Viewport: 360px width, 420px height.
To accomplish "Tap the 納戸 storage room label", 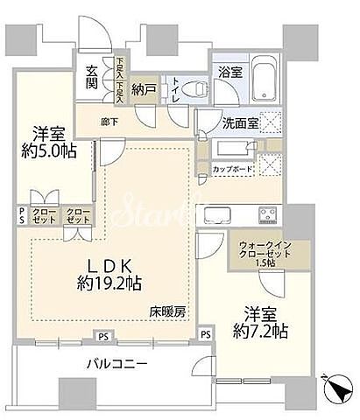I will click(144, 87).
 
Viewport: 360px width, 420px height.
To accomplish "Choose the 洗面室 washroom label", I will click(240, 124).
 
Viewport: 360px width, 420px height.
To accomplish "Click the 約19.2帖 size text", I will click(110, 283).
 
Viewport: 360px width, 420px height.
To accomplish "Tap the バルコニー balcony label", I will click(116, 363).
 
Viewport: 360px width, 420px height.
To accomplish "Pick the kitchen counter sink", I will click(215, 213).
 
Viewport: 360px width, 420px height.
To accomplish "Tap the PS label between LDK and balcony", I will click(103, 333).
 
